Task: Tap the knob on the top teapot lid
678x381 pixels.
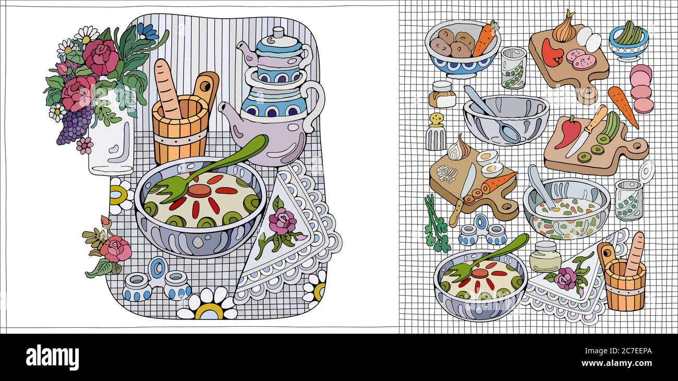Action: [277, 33]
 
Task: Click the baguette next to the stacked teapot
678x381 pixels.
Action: [166, 87]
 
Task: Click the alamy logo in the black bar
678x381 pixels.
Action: [52, 358]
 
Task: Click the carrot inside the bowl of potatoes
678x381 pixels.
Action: [485, 39]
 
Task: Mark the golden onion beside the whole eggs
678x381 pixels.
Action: [564, 29]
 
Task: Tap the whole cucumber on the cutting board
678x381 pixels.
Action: [611, 126]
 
